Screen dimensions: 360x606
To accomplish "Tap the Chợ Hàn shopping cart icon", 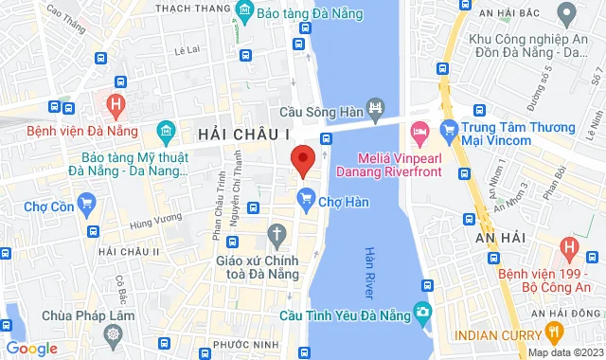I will click(x=305, y=199).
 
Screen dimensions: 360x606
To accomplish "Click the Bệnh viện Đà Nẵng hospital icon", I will click(x=116, y=103).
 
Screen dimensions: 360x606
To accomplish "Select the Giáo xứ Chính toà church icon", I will click(x=276, y=233).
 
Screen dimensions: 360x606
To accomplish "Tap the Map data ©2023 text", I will click(x=564, y=352).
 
